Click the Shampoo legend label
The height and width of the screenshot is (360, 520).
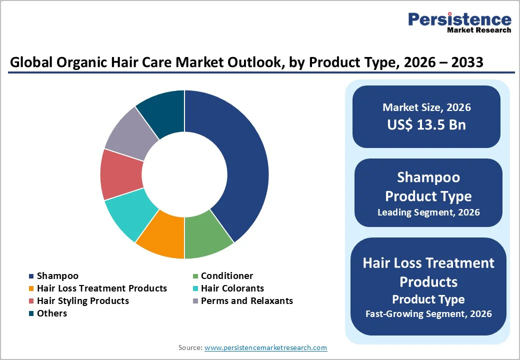coord(57,276)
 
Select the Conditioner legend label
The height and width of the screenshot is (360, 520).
coord(227,276)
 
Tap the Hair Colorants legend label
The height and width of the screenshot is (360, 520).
coord(232,288)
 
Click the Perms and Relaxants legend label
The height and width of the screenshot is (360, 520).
coord(247,301)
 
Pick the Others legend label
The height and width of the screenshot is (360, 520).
coord(52,313)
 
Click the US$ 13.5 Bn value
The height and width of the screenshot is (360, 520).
coord(426,124)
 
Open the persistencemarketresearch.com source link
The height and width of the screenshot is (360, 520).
coord(265,347)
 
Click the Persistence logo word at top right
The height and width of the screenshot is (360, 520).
coord(459,19)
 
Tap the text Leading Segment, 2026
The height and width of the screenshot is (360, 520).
coord(428,212)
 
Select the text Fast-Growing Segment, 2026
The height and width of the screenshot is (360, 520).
coord(428,314)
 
